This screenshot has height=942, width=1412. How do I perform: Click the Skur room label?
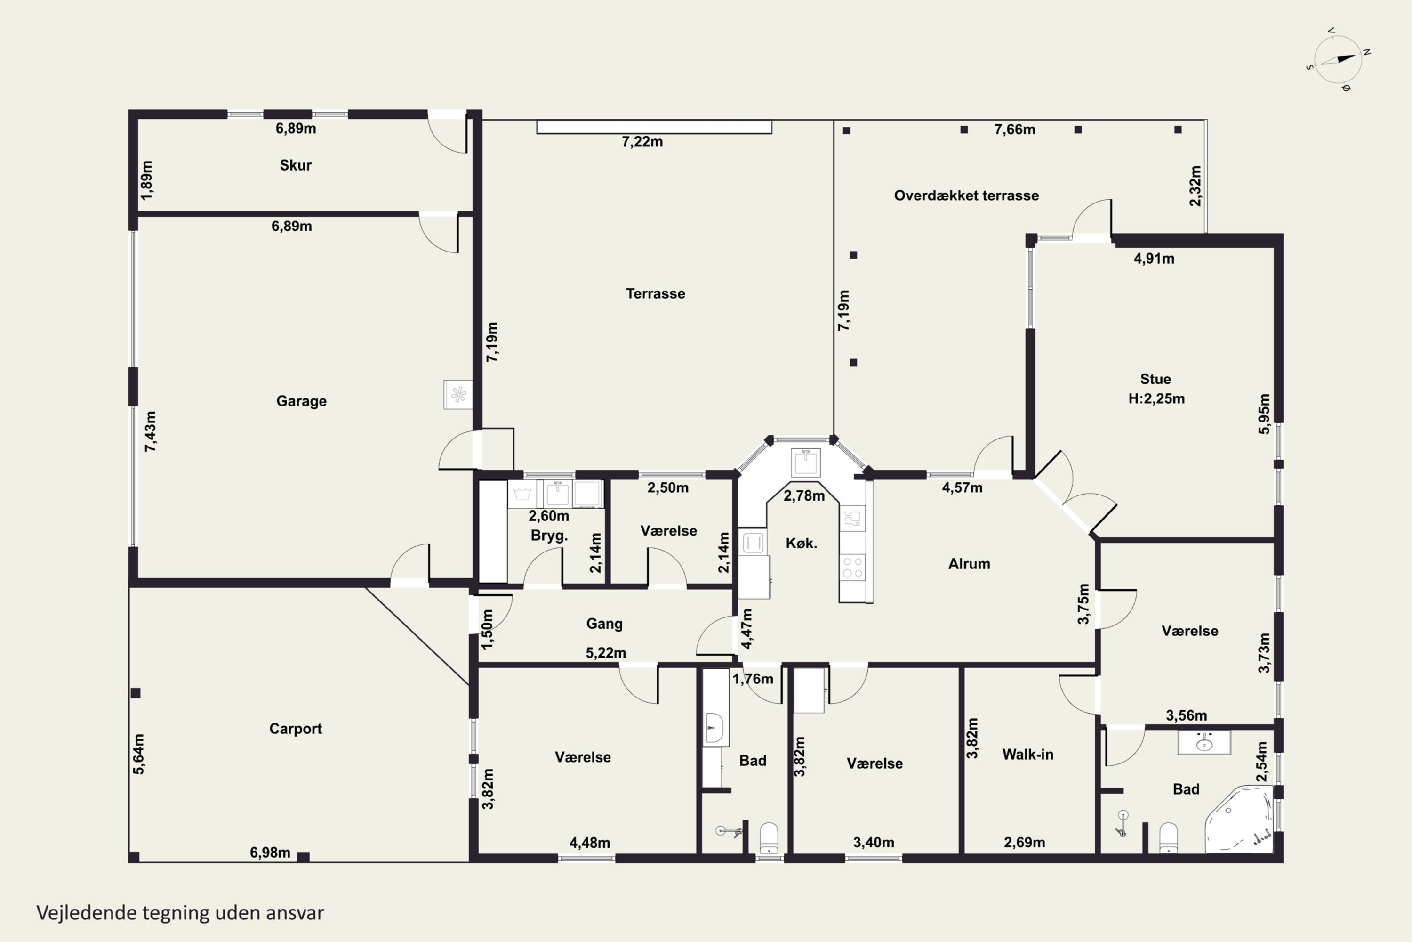[296, 165]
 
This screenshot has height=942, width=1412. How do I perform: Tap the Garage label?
[301, 401]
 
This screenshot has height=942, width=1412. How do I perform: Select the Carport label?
[296, 729]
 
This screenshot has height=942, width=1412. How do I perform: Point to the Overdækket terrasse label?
[967, 195]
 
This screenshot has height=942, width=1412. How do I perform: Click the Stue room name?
[1155, 379]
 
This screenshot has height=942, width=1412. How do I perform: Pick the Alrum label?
[969, 563]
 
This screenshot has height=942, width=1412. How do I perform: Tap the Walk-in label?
[1028, 755]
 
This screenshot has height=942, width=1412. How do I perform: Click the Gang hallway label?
[604, 624]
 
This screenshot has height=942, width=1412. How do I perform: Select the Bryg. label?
[549, 535]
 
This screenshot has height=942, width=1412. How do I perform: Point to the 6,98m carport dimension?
[270, 853]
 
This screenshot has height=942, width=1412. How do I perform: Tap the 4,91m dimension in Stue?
[1154, 259]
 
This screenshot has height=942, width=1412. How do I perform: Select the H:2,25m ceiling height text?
[1156, 398]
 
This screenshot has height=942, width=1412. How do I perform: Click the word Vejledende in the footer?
[87, 913]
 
